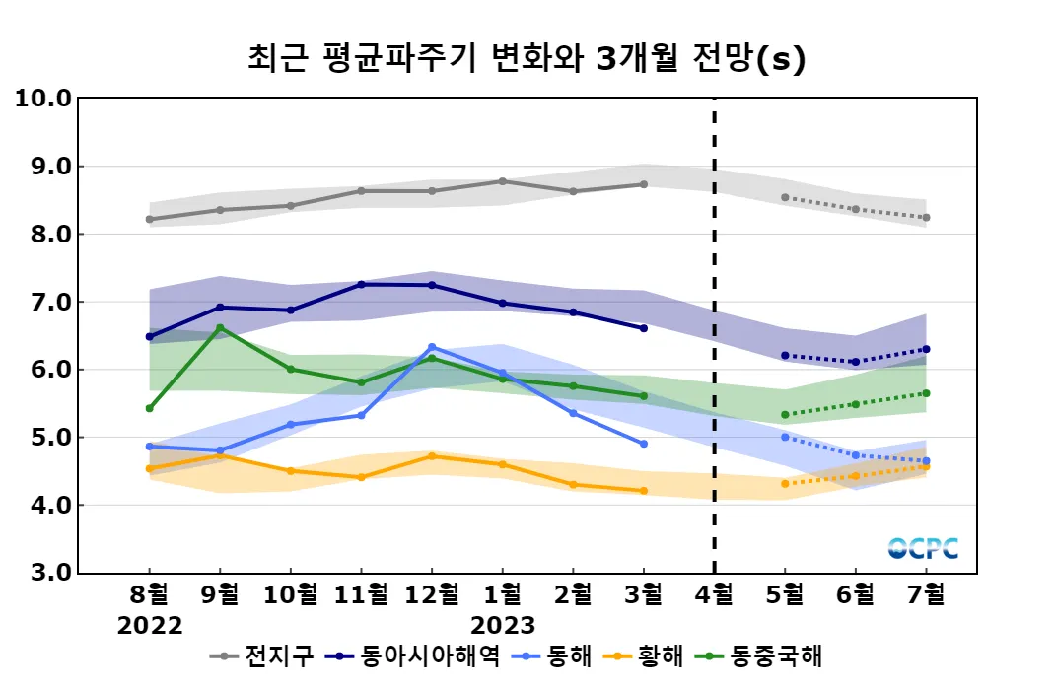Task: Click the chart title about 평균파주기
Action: [527, 59]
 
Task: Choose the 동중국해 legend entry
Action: [759, 655]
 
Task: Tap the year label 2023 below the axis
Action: [502, 626]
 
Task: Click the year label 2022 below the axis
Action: [150, 626]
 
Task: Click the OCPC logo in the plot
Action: [923, 549]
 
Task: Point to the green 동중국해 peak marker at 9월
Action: [220, 327]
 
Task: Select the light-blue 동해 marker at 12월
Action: [431, 347]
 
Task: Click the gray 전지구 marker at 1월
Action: [502, 181]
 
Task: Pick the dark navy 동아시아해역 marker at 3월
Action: [644, 328]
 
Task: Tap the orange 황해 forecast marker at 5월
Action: [785, 484]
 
